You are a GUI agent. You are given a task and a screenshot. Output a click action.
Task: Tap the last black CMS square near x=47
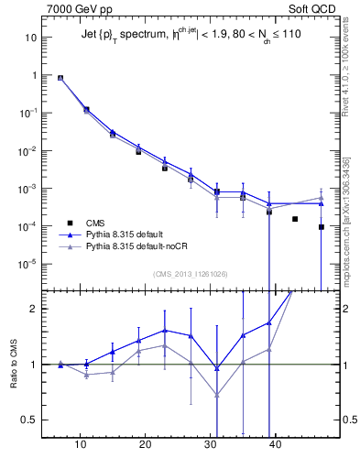321,227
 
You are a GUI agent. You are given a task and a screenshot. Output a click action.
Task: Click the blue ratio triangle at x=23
165,330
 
